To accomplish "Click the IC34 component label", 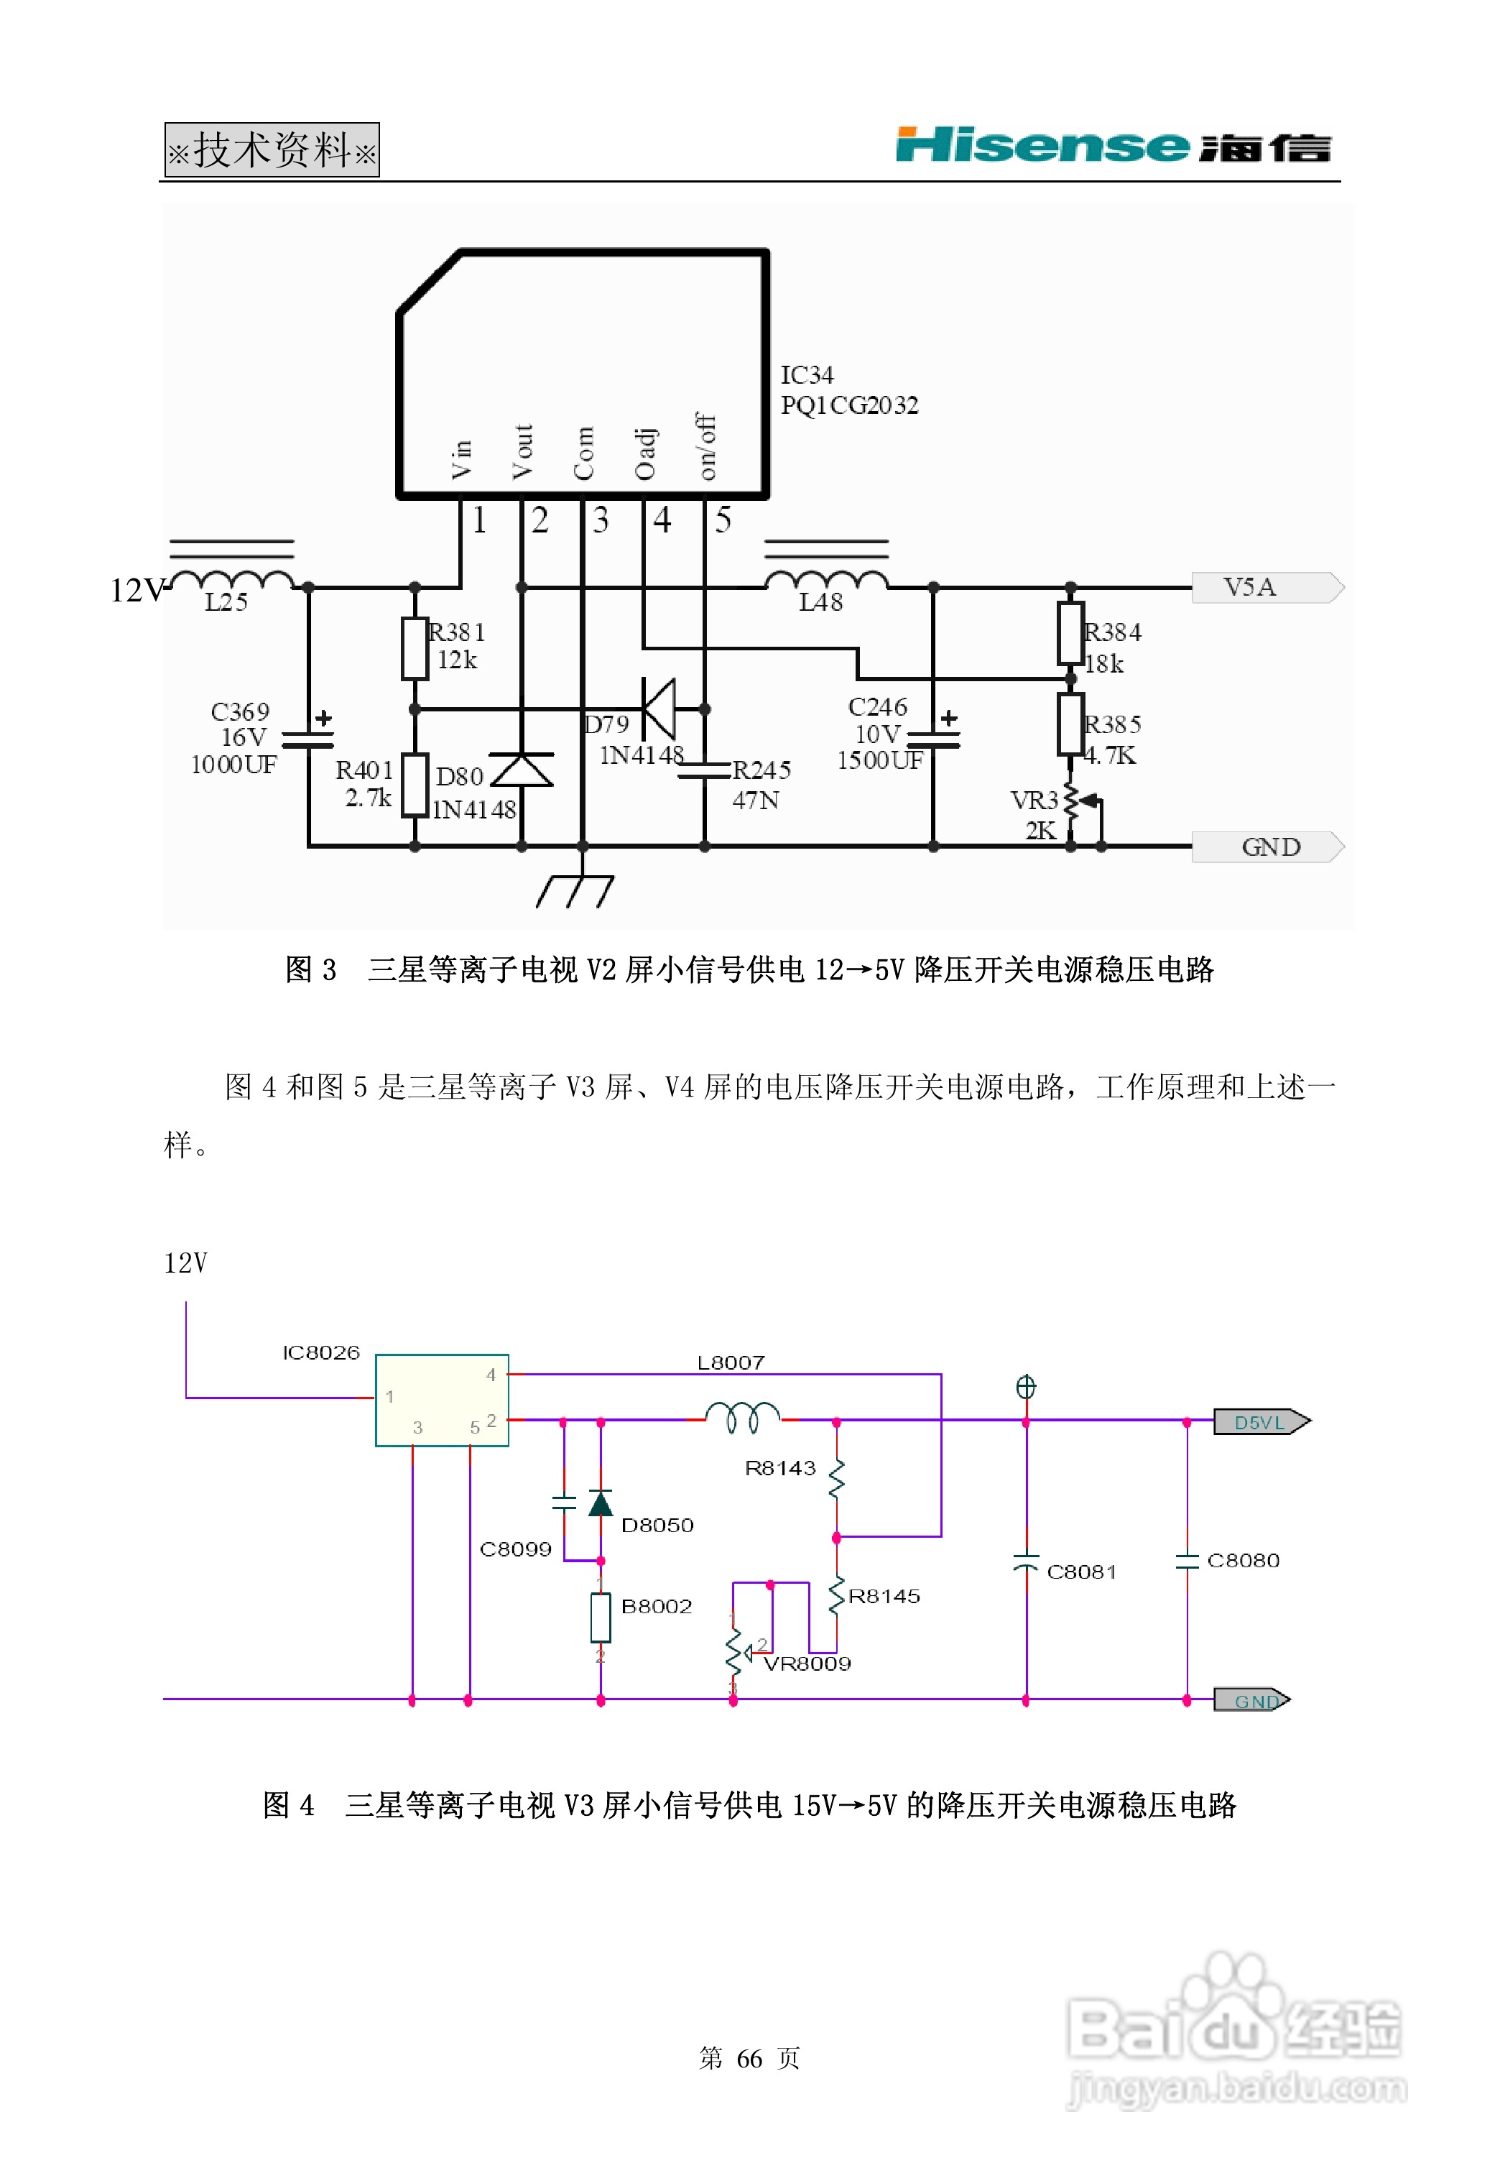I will click(x=806, y=375).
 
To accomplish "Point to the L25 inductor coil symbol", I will click(x=232, y=580).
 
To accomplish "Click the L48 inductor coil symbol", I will click(x=826, y=580).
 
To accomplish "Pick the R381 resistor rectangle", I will click(x=415, y=647).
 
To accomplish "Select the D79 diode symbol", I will click(x=659, y=709).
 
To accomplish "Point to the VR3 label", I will click(x=1034, y=801).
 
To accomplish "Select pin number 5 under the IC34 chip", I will click(x=723, y=520).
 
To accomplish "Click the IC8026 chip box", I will click(x=442, y=1400).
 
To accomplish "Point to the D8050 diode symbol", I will click(x=601, y=1504).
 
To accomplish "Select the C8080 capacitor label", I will click(x=1243, y=1560).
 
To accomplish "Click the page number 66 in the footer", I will click(x=749, y=2058).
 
